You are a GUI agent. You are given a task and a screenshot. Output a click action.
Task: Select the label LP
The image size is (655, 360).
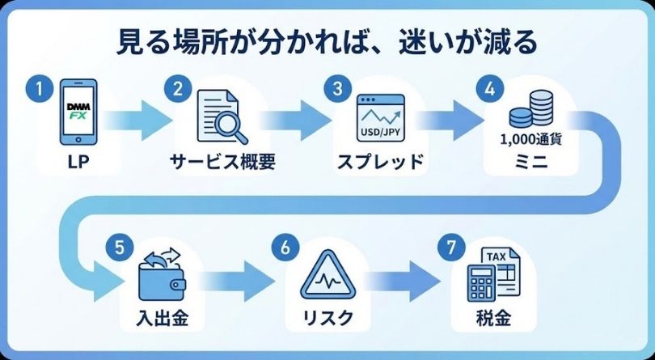(79, 162)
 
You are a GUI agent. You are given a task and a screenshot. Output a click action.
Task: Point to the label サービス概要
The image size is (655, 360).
(223, 162)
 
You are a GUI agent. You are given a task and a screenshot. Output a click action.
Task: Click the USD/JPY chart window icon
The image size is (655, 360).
(381, 116)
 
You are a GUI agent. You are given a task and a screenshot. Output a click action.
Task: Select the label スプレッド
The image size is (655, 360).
(380, 162)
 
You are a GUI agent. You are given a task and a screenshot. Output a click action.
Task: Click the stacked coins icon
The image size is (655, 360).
(533, 107)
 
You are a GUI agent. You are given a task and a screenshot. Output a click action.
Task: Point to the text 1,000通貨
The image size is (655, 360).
(531, 138)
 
